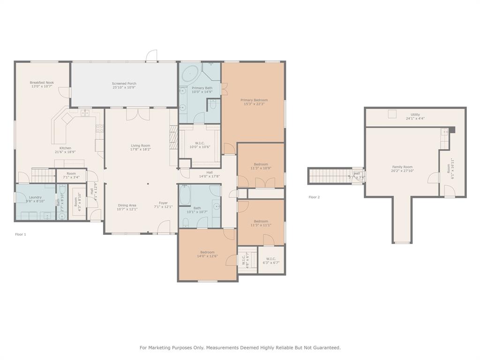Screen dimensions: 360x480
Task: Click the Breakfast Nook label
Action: point(42,82)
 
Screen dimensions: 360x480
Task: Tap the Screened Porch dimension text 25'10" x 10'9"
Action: point(124,88)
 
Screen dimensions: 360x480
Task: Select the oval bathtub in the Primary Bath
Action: point(190,74)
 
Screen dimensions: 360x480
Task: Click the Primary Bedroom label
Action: point(254,100)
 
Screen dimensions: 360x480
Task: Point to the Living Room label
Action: point(140,146)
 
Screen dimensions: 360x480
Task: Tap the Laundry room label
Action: point(35,197)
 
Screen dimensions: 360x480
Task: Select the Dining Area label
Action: point(127,205)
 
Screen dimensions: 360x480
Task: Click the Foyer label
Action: point(163,203)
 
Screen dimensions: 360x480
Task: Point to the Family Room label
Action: point(402,167)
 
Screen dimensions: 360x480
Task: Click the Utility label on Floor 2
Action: point(415,114)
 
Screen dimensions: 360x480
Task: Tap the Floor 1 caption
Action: point(21,234)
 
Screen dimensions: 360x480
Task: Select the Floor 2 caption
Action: point(314,197)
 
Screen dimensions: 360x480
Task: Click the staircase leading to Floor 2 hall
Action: point(328,176)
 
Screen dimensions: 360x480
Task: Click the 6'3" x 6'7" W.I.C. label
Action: point(271,259)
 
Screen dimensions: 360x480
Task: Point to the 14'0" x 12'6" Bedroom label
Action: point(207,252)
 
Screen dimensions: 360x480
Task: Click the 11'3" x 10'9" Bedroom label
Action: point(261,164)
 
